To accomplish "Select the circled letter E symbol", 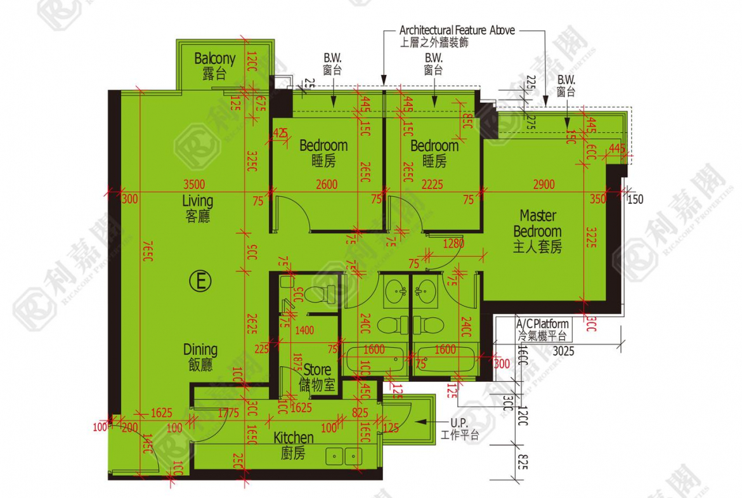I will [200, 281].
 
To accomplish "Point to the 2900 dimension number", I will [543, 185].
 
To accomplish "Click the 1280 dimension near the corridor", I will [453, 243].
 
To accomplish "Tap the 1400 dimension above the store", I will [304, 330].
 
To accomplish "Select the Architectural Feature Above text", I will [457, 30].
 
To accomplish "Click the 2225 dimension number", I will [432, 185].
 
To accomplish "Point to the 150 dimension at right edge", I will [635, 199].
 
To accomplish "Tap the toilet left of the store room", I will [322, 294].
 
